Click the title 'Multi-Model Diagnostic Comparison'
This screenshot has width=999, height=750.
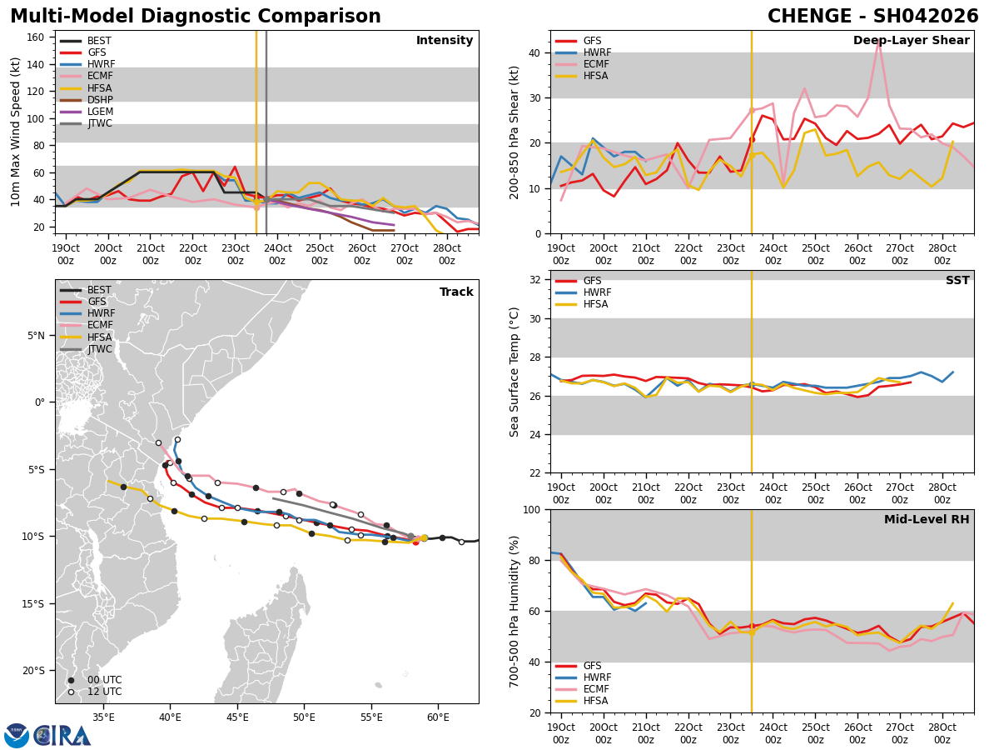(196, 17)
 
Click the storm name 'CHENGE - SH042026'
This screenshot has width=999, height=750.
(872, 17)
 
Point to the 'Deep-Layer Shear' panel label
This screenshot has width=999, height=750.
(911, 41)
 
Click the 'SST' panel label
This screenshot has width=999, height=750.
(957, 281)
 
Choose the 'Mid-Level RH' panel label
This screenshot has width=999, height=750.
(927, 520)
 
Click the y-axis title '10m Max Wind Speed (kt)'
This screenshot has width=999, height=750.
(17, 132)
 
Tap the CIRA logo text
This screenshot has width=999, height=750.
(62, 735)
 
